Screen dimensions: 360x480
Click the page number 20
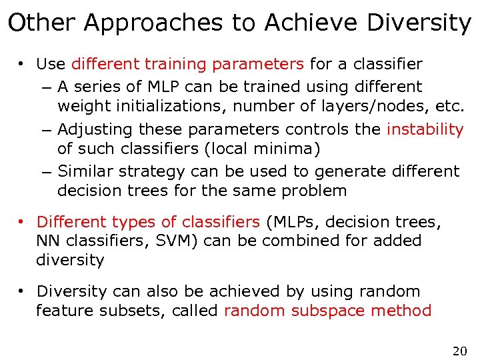459,351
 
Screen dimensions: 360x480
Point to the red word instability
425,129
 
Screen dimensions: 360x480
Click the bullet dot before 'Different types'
22,221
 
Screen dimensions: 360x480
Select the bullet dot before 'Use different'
22,65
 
